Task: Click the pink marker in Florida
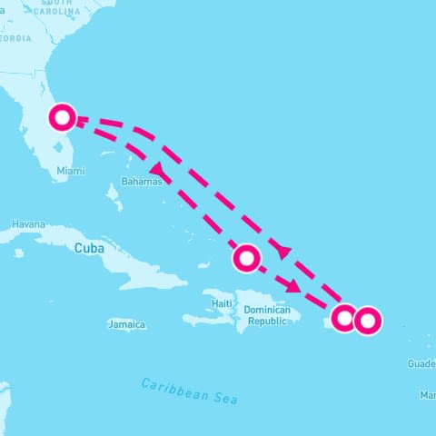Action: click(x=63, y=117)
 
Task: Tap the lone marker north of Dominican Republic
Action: click(x=246, y=259)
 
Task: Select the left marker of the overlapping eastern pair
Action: click(x=344, y=318)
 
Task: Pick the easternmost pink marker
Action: click(x=367, y=321)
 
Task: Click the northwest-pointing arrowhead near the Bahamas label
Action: click(x=157, y=169)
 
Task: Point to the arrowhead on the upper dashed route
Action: click(x=283, y=250)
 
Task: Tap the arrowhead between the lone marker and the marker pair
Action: click(x=292, y=287)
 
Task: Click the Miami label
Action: click(x=70, y=171)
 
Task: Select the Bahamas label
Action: click(x=141, y=182)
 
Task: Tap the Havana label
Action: click(x=28, y=224)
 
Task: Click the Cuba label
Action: click(x=89, y=248)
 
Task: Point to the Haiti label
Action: click(x=222, y=302)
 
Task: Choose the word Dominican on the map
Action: click(x=266, y=311)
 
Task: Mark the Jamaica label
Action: click(x=126, y=324)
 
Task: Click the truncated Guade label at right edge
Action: click(x=421, y=363)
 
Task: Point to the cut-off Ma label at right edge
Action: click(x=428, y=395)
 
